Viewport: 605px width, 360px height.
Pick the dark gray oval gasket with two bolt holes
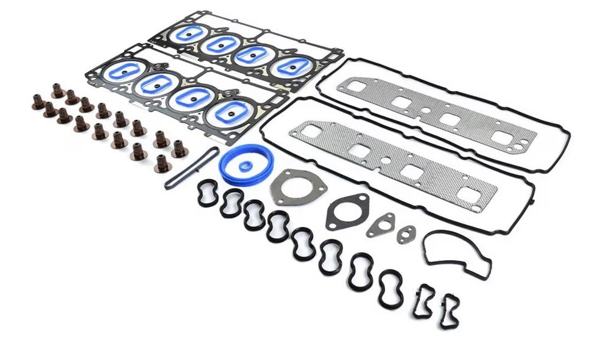coord(347,210)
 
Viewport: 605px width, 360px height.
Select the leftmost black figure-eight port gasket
coord(207,194)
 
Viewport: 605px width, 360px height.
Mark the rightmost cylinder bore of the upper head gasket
coord(291,67)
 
